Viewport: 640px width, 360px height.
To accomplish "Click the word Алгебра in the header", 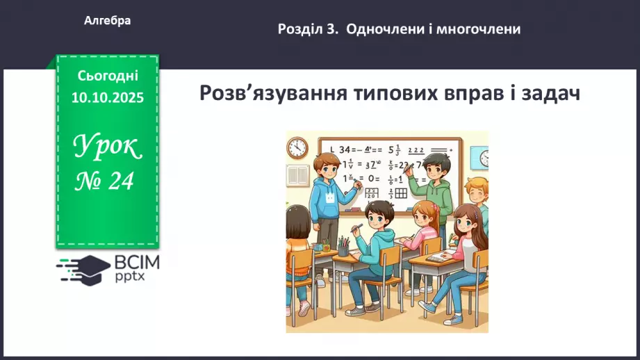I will (107, 21).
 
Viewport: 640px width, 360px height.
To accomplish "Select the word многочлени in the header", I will (479, 29).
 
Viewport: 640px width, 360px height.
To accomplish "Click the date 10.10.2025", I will (107, 98).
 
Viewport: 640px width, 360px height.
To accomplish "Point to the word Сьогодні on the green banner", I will (107, 75).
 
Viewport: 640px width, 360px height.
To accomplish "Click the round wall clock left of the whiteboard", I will (297, 147).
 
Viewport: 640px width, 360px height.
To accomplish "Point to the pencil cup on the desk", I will (343, 246).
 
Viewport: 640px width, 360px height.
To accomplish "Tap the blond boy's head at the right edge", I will (478, 189).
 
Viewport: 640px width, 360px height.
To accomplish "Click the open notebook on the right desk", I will (436, 258).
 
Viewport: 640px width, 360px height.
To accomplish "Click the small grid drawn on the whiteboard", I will (400, 195).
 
